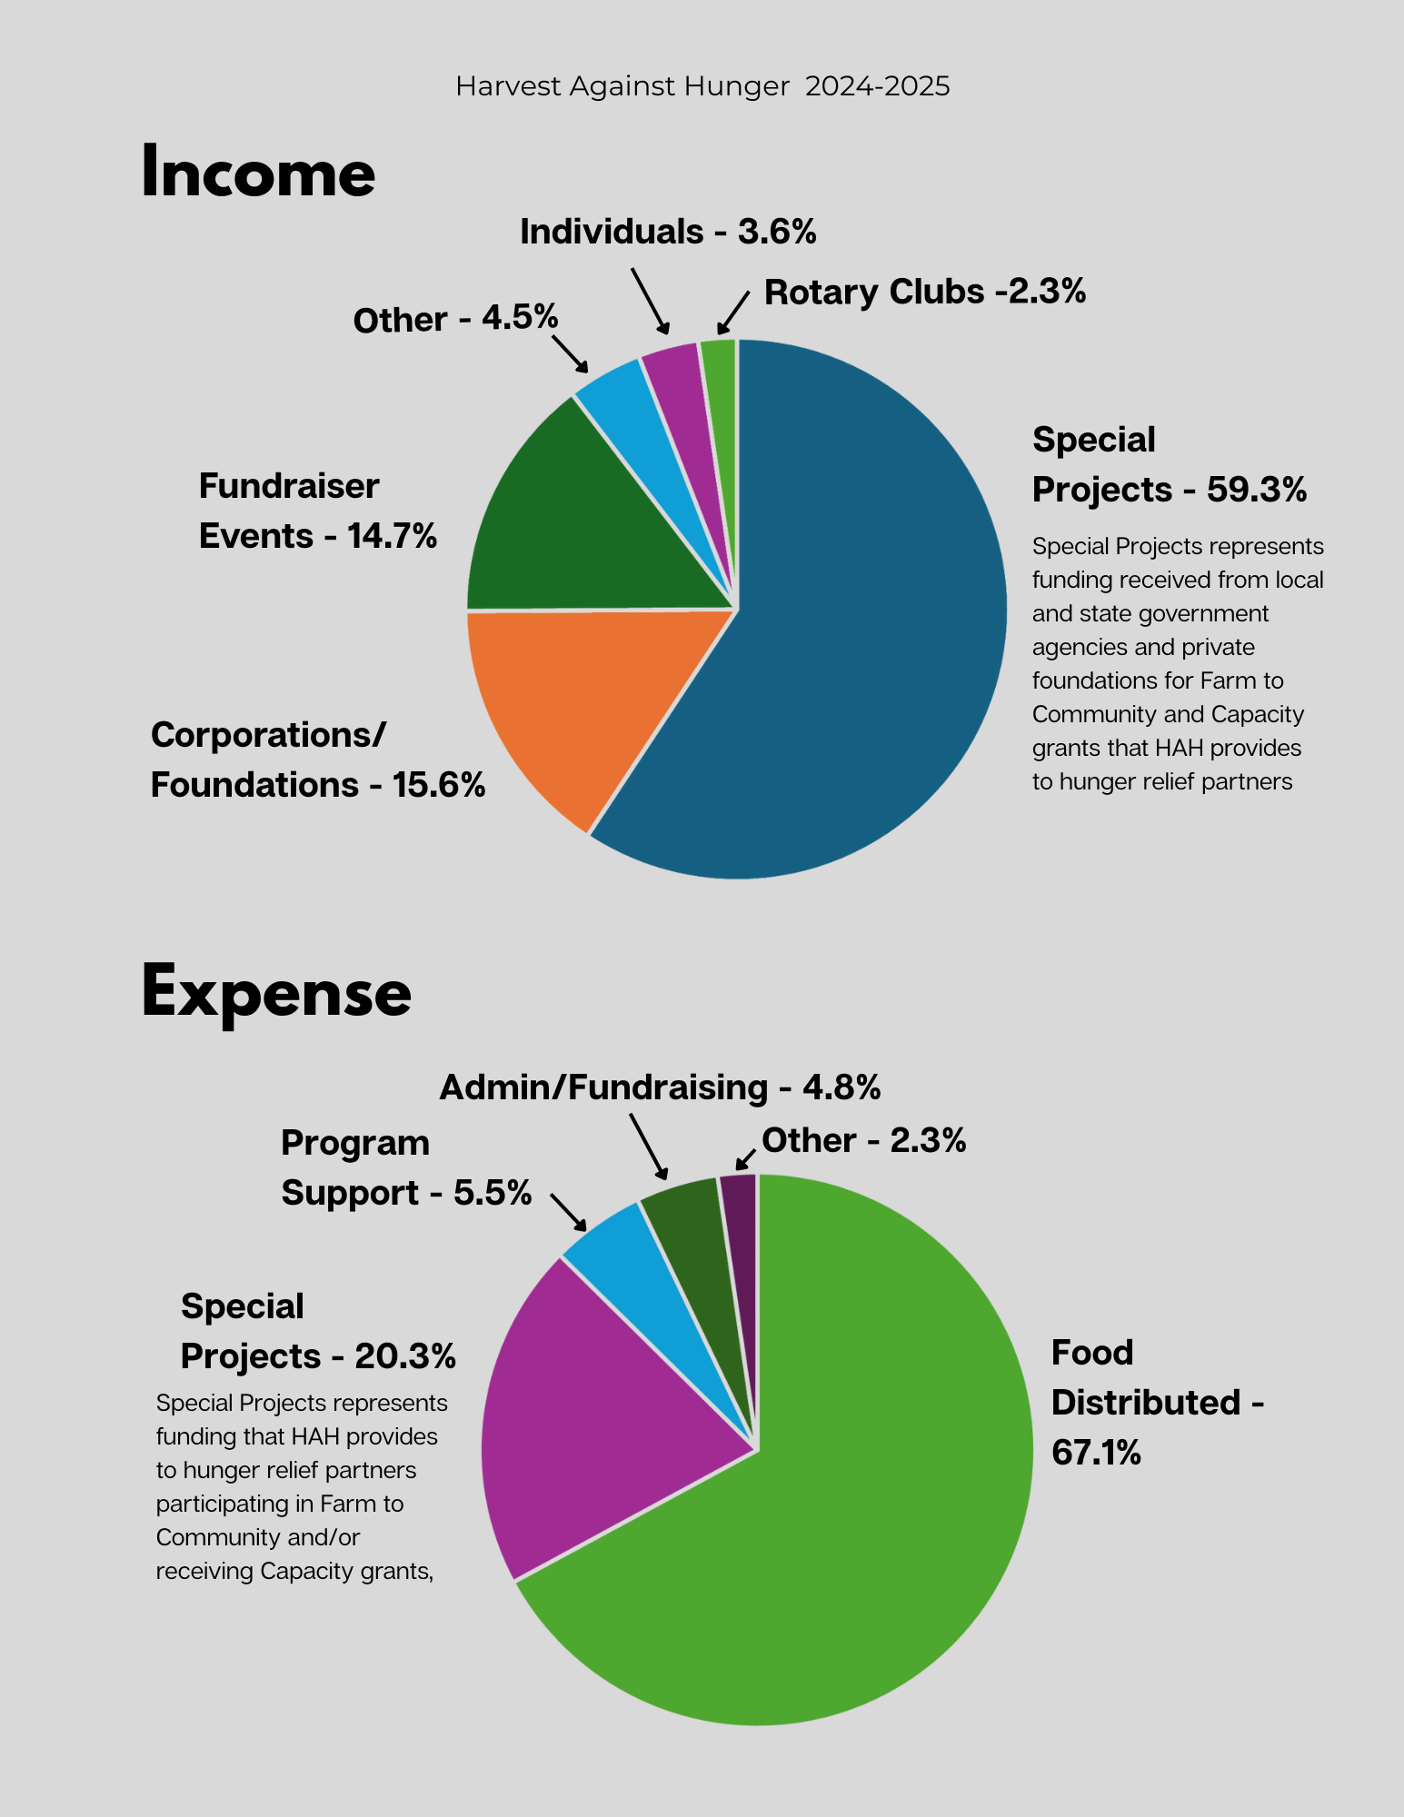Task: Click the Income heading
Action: pos(258,173)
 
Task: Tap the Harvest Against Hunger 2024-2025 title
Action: pos(702,86)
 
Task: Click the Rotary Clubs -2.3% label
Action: pos(925,292)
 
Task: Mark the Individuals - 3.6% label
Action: pos(668,232)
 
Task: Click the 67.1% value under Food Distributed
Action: pos(1096,1453)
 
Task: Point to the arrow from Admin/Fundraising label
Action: pos(649,1146)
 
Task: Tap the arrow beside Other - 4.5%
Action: pos(570,353)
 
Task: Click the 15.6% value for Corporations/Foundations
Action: pos(439,785)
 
